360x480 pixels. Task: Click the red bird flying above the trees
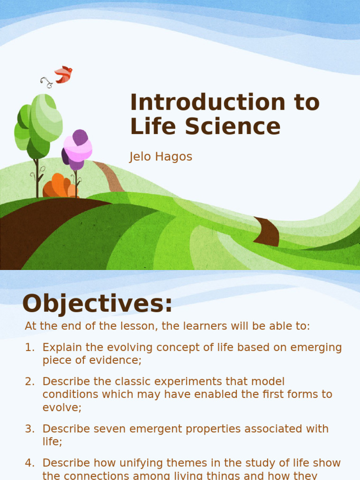click(63, 74)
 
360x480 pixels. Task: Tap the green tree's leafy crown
click(40, 123)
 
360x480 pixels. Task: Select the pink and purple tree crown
click(77, 149)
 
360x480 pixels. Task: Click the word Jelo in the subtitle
click(140, 157)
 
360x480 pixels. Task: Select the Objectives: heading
click(97, 303)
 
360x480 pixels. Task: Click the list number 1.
click(30, 347)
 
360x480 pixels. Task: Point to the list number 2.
click(30, 382)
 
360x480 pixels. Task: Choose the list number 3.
click(30, 428)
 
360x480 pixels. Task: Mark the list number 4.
click(30, 463)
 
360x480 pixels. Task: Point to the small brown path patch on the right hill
click(268, 232)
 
